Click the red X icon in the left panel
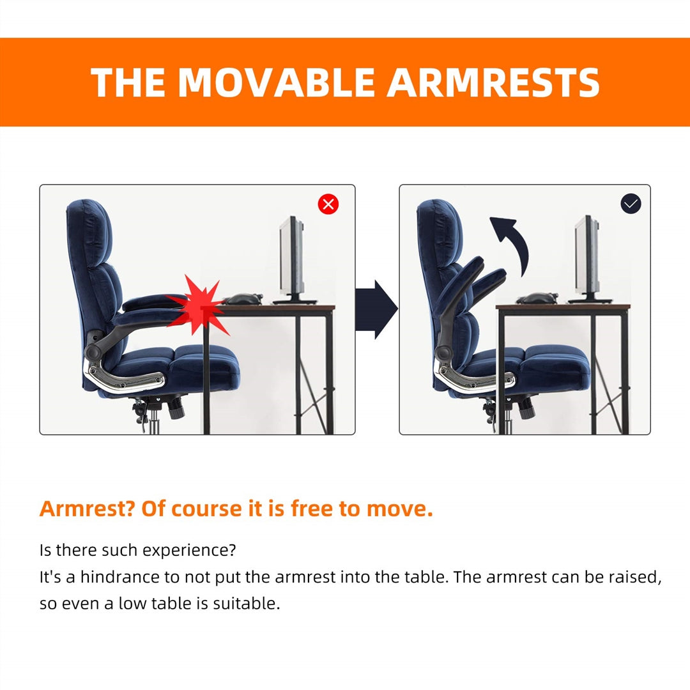point(328,204)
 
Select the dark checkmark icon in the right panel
point(631,204)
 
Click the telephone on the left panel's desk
point(243,298)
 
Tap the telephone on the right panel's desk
point(537,298)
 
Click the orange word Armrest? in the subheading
point(86,509)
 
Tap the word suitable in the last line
point(250,604)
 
